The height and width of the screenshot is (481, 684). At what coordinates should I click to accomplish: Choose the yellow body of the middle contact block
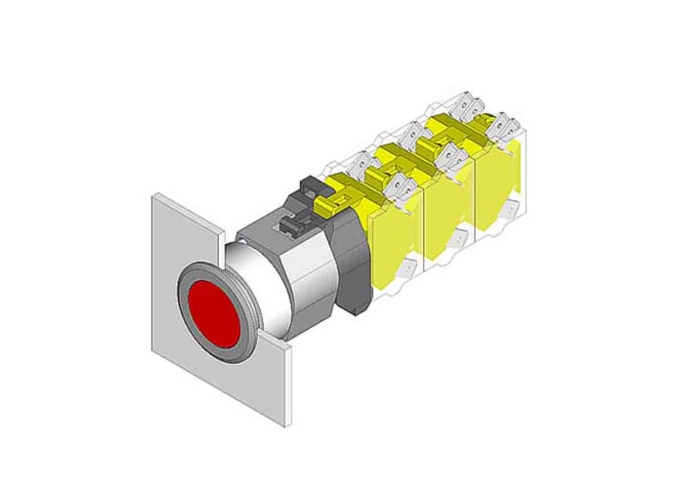[448, 215]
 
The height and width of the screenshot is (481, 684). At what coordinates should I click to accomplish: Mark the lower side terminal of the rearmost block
[509, 208]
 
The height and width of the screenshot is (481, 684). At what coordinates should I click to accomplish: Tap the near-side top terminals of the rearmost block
[503, 125]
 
